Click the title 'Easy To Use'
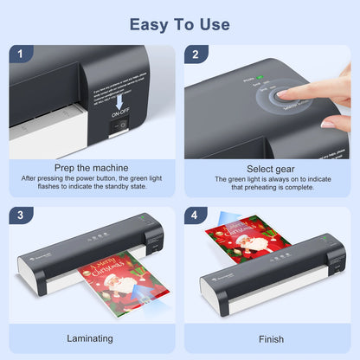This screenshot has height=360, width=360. point(180,23)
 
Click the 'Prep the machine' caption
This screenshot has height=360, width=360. point(91,167)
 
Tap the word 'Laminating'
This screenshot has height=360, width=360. point(91,338)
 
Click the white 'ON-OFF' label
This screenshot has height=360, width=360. point(121,111)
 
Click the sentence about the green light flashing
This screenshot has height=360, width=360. point(91,183)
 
